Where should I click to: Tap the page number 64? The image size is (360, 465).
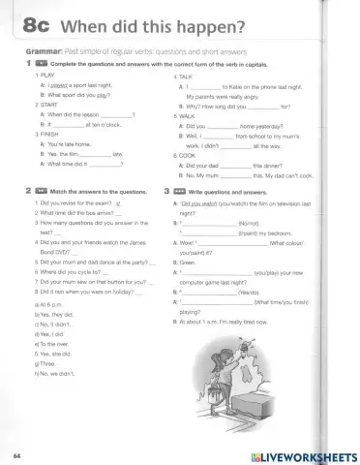[x=18, y=453]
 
